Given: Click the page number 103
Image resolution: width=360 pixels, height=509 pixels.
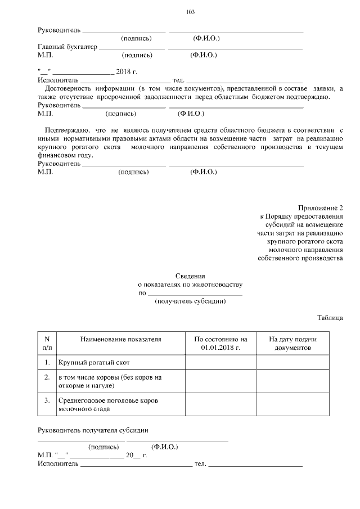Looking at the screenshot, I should click(x=190, y=12).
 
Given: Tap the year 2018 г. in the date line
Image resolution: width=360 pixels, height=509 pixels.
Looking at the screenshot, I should click(x=127, y=72).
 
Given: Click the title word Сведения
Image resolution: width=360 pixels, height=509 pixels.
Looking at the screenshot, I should click(x=190, y=276).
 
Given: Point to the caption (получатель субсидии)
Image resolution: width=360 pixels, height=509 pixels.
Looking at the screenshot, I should click(x=190, y=301).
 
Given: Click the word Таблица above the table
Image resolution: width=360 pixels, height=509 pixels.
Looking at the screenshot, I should click(x=330, y=318).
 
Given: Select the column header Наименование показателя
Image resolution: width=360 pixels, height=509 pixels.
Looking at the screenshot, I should click(x=120, y=340).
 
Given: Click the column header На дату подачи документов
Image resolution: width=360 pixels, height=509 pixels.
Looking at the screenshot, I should click(x=292, y=344).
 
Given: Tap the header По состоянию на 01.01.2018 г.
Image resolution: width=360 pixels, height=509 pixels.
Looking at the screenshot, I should click(x=220, y=344).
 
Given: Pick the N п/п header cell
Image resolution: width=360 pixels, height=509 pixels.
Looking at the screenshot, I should click(x=47, y=344).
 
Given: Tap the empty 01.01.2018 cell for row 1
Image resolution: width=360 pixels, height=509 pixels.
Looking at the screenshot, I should click(x=220, y=363).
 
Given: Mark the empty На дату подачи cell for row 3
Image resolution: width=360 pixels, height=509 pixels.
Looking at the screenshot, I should click(x=292, y=405).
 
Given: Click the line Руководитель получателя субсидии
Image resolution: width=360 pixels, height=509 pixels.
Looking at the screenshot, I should click(x=93, y=430).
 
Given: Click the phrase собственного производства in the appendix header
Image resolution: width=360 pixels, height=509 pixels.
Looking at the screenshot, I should click(x=300, y=258).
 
